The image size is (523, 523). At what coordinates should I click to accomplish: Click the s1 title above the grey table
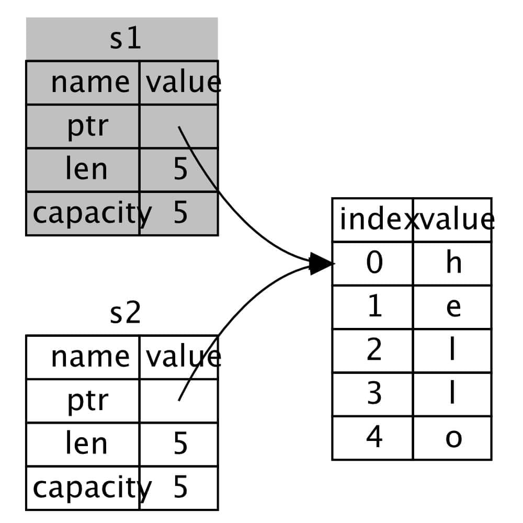(x=126, y=40)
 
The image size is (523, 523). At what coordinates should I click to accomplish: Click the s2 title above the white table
(x=126, y=313)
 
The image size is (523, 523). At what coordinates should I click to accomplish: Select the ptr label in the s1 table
(x=87, y=127)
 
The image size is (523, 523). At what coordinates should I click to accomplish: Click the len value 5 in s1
(x=180, y=170)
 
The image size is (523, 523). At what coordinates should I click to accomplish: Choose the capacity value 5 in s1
(x=180, y=213)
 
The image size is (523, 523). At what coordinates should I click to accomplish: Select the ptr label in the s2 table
(x=87, y=401)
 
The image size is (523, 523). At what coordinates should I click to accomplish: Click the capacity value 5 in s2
(x=180, y=487)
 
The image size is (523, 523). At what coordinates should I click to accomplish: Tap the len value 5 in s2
(x=180, y=444)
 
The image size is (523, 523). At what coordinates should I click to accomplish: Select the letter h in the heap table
(x=453, y=263)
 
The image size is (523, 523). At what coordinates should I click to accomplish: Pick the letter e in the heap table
(x=453, y=308)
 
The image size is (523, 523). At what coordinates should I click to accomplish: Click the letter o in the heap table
(x=453, y=438)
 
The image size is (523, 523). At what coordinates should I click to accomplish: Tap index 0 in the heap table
(x=374, y=263)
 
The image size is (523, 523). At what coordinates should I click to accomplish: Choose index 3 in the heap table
(x=374, y=394)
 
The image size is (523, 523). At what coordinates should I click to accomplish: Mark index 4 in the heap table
(x=374, y=438)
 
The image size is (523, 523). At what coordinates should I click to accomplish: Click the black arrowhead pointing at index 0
(x=321, y=264)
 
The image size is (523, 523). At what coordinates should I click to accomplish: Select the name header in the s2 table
(x=90, y=357)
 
